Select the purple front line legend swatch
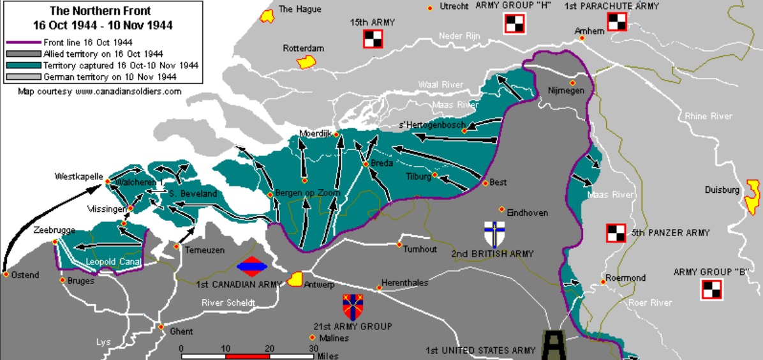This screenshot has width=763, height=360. tap(23, 42)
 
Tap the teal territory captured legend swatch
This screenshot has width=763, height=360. tap(23, 65)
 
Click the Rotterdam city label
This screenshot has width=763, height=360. tap(304, 48)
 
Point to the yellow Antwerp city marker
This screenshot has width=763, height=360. tap(295, 279)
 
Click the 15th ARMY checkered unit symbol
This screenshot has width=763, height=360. tap(373, 40)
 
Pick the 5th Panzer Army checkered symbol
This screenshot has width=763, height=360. tap(616, 233)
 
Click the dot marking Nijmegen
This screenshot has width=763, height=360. tap(573, 83)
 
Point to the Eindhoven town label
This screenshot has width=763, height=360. tap(527, 213)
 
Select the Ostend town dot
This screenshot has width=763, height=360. tap(6, 275)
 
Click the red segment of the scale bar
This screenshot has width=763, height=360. tap(248, 356)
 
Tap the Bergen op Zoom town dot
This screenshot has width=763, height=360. tap(270, 194)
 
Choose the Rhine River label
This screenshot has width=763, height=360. tap(708, 116)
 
